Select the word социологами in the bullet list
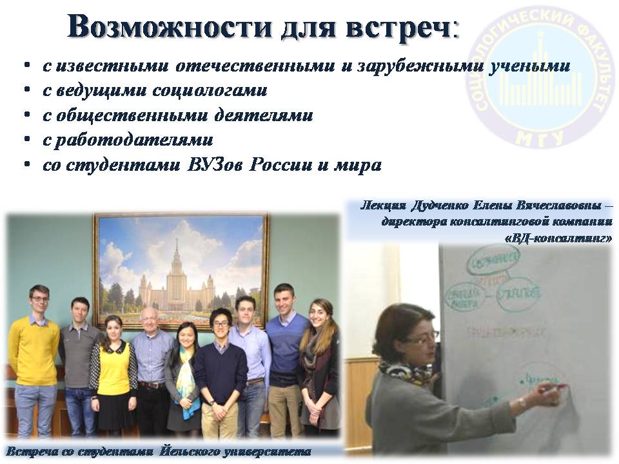210,90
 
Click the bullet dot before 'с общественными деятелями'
28,116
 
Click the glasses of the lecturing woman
425,336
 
